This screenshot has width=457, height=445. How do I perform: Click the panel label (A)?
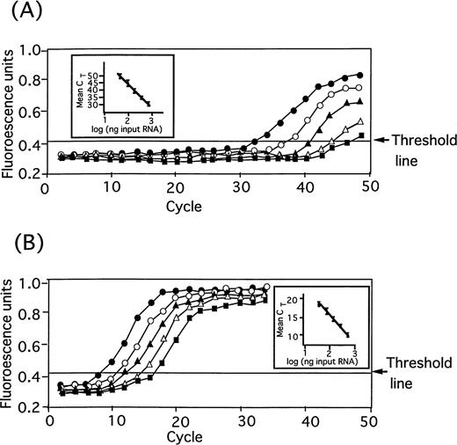click(24, 14)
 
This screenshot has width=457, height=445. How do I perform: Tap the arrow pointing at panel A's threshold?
click(380, 139)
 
